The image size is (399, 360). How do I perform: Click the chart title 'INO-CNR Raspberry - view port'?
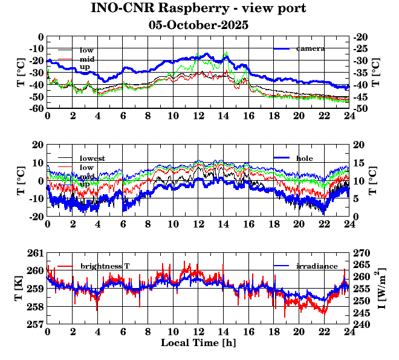point(198,8)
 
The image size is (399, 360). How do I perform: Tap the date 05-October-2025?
point(198,25)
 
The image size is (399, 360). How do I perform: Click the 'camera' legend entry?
point(310,48)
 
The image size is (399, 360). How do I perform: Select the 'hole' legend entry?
point(305,158)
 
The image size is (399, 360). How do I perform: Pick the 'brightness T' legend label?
point(105,266)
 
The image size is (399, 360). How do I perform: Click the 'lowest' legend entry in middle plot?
point(92,158)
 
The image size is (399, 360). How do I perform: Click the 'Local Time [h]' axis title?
point(198,342)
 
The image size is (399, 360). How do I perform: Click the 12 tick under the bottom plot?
point(198,332)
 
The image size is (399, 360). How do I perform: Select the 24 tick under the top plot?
point(349,116)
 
